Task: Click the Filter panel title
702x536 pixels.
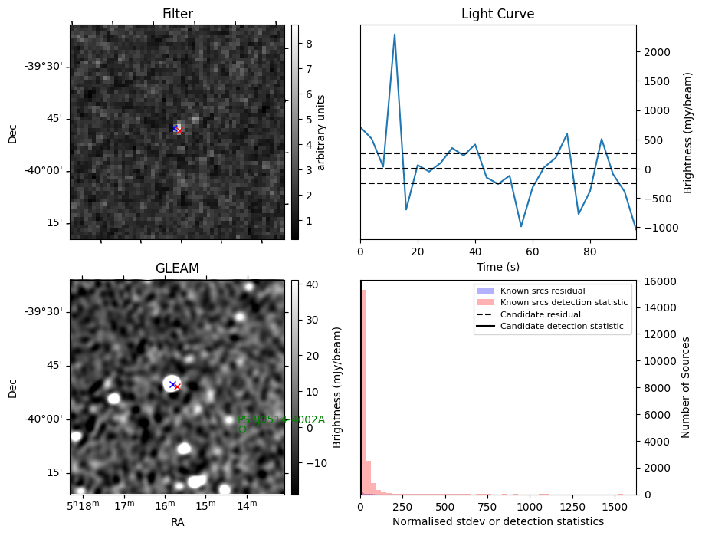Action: point(177,14)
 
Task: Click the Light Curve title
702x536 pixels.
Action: point(497,14)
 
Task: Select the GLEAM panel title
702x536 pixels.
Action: point(177,268)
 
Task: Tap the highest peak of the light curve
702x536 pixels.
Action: point(395,35)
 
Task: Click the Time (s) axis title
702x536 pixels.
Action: point(497,266)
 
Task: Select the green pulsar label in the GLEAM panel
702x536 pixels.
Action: point(280,419)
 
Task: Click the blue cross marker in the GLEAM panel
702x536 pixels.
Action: point(172,384)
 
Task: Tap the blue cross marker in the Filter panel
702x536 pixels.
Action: point(175,127)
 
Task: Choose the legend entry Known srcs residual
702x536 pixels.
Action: point(543,291)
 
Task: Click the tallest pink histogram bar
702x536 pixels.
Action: point(362,391)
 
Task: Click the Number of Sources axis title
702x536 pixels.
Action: point(687,387)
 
